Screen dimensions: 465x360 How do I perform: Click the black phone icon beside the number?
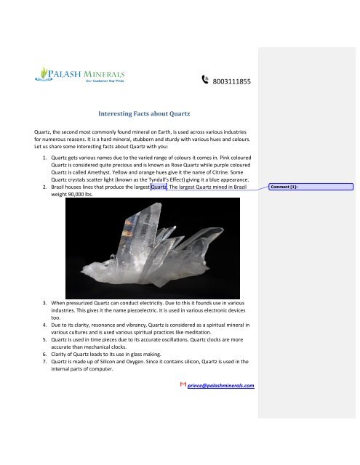pyautogui.click(x=205, y=82)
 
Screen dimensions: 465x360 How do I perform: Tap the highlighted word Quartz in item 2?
pyautogui.click(x=159, y=187)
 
